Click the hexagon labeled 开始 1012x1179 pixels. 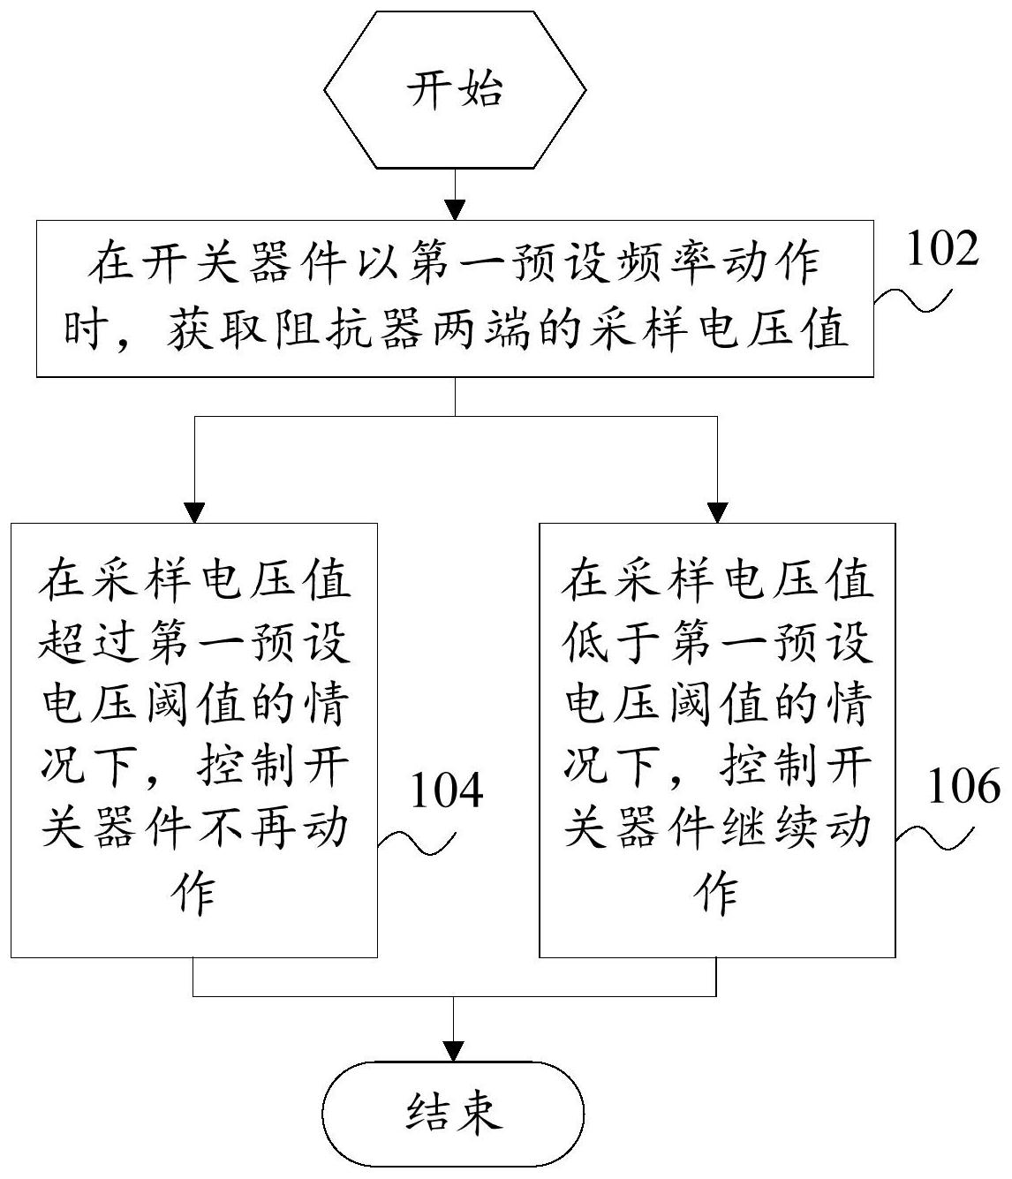pos(455,89)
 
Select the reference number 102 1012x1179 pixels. pos(942,250)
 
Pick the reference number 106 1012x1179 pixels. pos(963,785)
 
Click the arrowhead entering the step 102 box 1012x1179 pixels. pos(455,210)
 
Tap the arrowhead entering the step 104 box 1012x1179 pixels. pos(193,512)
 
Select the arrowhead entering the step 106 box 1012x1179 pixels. pos(717,512)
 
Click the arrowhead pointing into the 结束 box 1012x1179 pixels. pos(455,1050)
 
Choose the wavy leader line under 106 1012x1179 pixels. pos(935,838)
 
